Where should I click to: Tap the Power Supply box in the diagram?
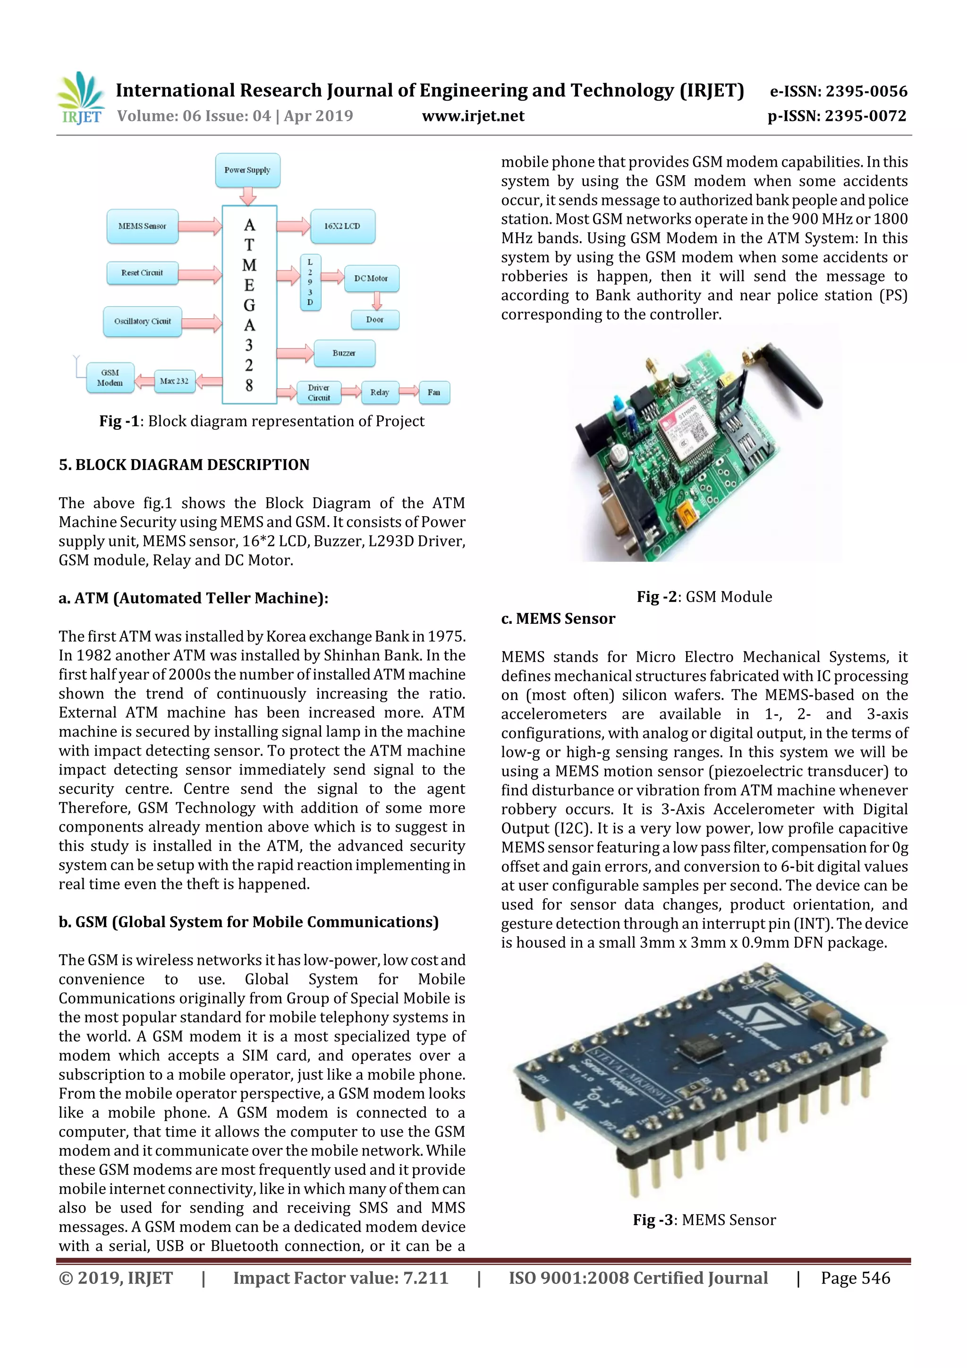247,170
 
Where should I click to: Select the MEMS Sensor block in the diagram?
143,226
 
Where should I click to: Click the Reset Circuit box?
143,273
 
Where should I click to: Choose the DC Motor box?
371,278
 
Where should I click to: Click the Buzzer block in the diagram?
344,353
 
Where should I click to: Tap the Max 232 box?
174,382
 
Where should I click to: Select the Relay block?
380,392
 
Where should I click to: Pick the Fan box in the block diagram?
434,392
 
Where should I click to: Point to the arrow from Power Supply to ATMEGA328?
248,195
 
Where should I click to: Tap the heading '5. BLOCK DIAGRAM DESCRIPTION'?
184,465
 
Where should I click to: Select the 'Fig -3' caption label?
653,1220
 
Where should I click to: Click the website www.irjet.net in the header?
473,116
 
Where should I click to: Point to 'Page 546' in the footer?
855,1278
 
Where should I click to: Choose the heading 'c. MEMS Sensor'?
558,619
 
